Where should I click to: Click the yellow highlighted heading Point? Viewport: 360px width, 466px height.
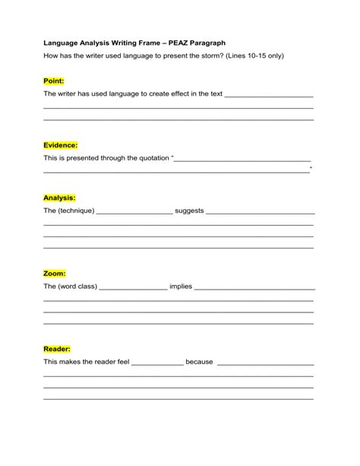coord(54,81)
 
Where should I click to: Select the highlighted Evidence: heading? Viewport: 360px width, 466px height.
coord(61,144)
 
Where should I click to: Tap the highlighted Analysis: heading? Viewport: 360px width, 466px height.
coord(59,197)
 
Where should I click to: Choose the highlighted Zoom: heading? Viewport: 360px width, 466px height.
coord(55,273)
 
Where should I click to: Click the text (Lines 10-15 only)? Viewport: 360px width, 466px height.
coord(261,57)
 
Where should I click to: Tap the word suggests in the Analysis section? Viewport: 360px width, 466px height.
coord(189,210)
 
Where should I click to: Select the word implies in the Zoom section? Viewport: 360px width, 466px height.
coord(181,287)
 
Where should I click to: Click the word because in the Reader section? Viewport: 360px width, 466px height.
coord(199,362)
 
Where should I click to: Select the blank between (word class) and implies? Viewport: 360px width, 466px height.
coord(133,288)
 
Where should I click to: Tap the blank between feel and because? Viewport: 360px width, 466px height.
coord(158,363)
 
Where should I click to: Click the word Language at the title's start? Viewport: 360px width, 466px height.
coord(62,44)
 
